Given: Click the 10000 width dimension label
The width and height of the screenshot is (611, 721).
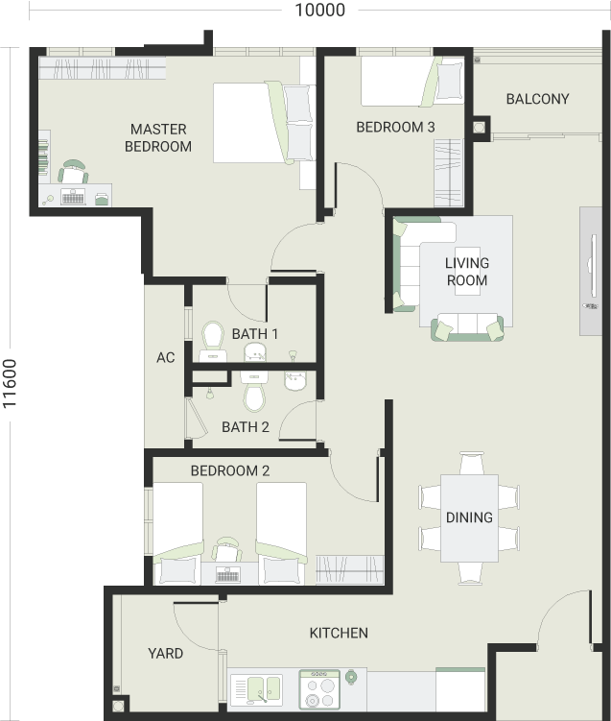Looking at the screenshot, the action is (319, 10).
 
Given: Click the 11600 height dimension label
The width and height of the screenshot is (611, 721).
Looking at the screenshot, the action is (10, 383).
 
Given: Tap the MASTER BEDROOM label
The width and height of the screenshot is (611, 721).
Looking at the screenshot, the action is (158, 137).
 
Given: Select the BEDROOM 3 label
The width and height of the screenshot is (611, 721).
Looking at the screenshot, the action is (395, 127).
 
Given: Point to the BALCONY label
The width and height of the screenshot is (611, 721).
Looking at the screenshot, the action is (537, 99).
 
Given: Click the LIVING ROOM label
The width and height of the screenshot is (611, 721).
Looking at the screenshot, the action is (467, 272).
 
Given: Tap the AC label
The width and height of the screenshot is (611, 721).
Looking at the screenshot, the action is (165, 357).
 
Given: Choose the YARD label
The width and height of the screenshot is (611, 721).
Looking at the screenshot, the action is (165, 653).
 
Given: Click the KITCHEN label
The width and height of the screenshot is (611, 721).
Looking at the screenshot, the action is (339, 633).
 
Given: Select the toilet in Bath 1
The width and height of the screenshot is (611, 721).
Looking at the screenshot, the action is (213, 341).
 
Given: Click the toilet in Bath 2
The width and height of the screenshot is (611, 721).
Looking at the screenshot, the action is (254, 392).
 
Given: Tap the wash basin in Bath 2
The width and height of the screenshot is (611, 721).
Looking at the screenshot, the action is (294, 381).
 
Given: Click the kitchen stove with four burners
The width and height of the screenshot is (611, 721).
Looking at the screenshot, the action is (319, 688).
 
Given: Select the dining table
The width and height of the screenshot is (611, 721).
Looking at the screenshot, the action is (469, 517).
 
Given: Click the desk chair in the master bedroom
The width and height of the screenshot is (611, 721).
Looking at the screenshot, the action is (74, 172).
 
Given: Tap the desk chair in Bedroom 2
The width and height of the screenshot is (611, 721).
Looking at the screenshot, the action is (227, 549).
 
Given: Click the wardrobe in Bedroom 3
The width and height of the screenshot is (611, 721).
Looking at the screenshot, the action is (448, 173).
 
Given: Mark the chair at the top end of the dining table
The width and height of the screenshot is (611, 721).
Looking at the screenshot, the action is (472, 463).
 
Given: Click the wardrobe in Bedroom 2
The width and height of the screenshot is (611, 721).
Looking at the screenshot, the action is (349, 569).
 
